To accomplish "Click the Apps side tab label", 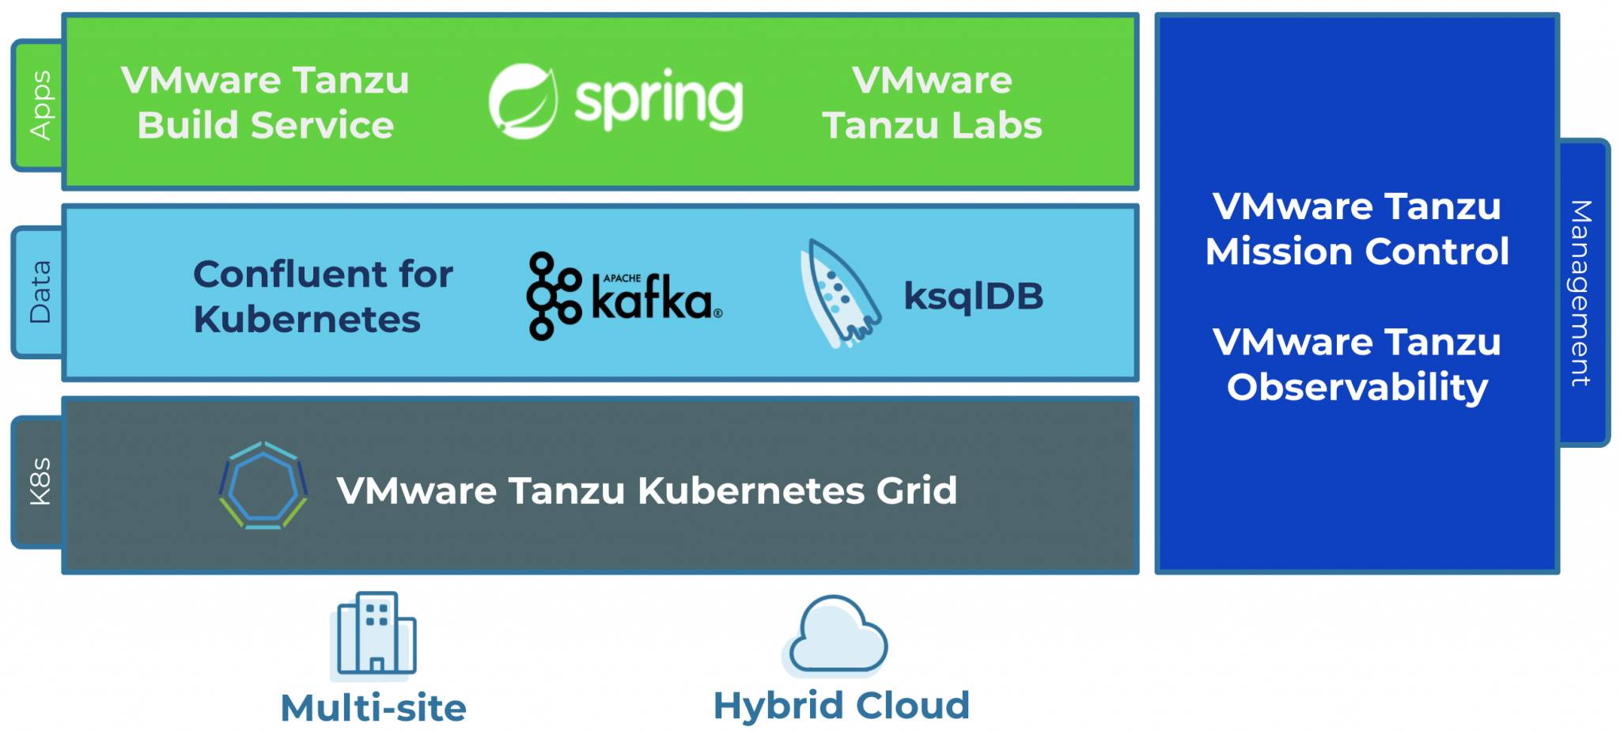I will [x=40, y=105].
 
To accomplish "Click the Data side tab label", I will [x=40, y=293].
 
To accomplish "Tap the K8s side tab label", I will [x=40, y=481].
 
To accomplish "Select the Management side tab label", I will [x=1580, y=293].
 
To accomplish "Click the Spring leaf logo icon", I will [x=522, y=101].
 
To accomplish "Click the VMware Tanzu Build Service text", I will [x=265, y=103].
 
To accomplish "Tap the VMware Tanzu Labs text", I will [x=932, y=103].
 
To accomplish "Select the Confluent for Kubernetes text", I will [x=323, y=297].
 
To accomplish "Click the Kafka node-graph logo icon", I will [x=553, y=296].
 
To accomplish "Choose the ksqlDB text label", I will [x=973, y=297].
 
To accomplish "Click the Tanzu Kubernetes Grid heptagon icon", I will [x=263, y=486].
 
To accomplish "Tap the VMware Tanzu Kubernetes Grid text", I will [x=646, y=490].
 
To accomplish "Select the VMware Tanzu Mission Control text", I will [x=1357, y=229].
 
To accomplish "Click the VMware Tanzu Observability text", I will [x=1357, y=365].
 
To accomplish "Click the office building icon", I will [x=374, y=634].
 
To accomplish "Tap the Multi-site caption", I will [x=373, y=707].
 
